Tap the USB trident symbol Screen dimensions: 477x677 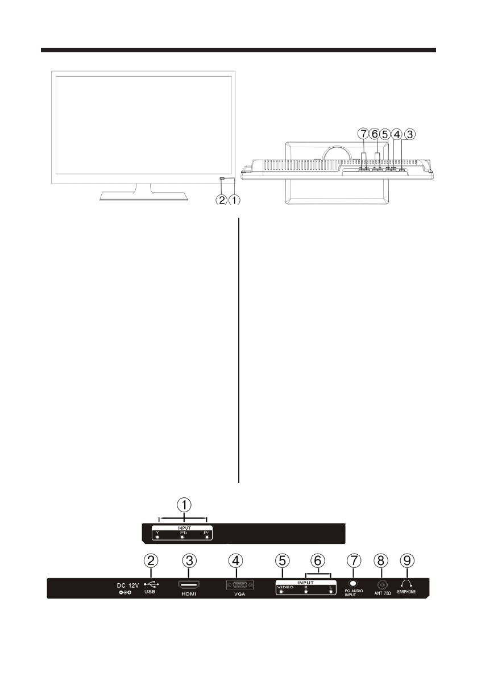pos(151,584)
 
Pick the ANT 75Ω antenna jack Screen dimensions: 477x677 pos(380,584)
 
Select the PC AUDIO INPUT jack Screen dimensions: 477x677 pos(354,583)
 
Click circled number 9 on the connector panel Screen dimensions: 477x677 pos(406,560)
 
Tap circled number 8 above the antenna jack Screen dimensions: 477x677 pos(380,560)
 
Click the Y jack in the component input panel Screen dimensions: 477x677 pos(157,536)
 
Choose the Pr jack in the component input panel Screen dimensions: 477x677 pos(208,536)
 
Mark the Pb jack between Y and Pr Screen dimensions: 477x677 pos(182,536)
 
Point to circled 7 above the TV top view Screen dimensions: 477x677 pos(363,134)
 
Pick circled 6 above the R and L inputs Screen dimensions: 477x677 pos(318,560)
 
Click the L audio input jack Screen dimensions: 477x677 pos(330,592)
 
